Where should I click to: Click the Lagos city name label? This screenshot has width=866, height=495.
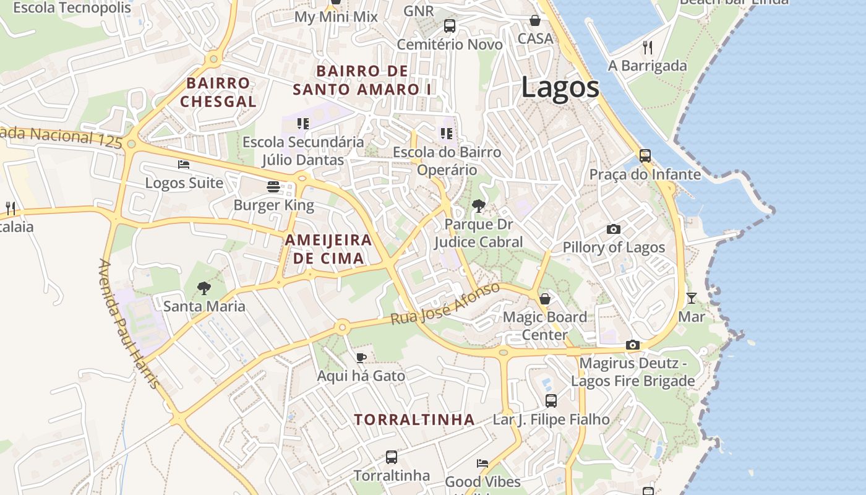pos(560,87)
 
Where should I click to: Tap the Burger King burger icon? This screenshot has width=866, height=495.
pos(273,186)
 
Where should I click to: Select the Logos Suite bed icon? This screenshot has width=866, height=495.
pos(184,165)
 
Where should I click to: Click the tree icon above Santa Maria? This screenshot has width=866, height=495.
pos(204,288)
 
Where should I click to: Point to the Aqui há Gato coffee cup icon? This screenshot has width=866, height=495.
pos(361,358)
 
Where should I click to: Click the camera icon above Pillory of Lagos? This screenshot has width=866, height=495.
pos(614,229)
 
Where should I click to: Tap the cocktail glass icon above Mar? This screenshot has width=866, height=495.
pos(691,298)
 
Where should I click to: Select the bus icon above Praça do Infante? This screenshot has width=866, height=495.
pos(645,156)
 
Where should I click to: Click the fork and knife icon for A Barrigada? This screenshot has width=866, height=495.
pos(648,47)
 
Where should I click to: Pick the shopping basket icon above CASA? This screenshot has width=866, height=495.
pos(535,20)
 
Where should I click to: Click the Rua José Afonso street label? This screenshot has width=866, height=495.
pos(445,304)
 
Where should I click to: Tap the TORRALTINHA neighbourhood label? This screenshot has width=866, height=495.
pos(414,420)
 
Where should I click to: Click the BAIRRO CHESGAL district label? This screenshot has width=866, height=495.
pos(218,92)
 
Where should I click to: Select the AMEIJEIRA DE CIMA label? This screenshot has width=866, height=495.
pos(328,249)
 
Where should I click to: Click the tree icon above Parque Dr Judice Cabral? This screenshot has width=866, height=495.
pos(478,206)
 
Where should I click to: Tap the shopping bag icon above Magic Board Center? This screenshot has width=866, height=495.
pos(544,299)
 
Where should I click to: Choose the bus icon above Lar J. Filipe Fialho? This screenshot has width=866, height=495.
pos(551,401)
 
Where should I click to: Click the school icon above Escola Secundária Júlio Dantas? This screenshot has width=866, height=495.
pos(302,124)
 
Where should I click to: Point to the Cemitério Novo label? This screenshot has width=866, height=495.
pos(450,45)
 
